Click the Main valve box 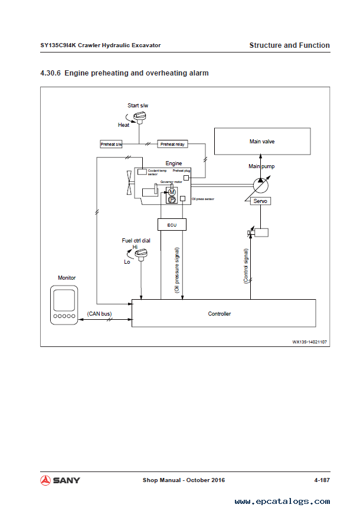261,142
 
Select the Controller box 220,313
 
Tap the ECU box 172,224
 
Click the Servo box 260,201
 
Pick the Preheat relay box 172,144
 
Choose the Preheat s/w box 112,144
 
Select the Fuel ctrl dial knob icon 142,254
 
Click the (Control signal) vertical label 246,266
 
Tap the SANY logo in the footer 60,480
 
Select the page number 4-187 322,480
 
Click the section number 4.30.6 50,73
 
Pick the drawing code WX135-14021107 310,341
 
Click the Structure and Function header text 289,45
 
